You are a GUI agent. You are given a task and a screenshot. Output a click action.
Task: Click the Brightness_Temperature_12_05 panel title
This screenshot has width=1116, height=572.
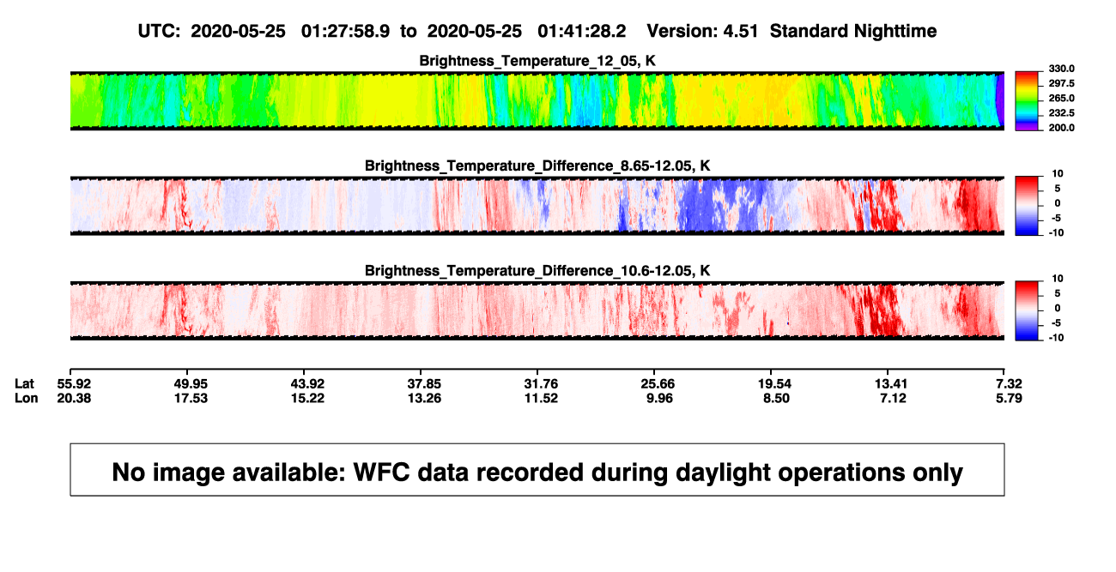point(537,61)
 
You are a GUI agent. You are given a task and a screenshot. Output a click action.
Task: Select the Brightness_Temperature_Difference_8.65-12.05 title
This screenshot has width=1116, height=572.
point(537,166)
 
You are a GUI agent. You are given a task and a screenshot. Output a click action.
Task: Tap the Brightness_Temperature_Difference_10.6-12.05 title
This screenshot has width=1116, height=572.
point(537,271)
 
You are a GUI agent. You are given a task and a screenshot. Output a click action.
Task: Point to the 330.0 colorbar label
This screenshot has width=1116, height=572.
point(1061,69)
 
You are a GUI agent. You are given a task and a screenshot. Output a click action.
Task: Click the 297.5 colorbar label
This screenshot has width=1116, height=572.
point(1061,83)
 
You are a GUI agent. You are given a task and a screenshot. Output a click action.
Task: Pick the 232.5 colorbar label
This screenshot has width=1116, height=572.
point(1061,113)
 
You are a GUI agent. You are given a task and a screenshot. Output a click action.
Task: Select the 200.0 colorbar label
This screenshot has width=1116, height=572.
point(1061,128)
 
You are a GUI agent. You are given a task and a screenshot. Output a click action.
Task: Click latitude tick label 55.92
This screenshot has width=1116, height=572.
point(74,384)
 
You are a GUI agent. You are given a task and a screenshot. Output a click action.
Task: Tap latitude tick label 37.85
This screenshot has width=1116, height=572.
point(424,384)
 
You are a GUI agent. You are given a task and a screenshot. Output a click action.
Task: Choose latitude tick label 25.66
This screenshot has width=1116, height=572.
point(658,384)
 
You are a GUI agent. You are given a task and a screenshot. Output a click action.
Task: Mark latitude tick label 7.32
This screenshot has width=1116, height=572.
point(1009,384)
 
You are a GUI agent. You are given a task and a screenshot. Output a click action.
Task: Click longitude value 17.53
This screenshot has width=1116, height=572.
point(191,398)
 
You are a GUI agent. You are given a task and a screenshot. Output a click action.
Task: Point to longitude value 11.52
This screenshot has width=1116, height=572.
point(541,398)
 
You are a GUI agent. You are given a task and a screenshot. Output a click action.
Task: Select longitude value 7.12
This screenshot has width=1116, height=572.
point(893,398)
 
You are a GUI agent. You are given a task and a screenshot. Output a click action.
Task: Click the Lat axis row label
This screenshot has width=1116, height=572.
point(24,384)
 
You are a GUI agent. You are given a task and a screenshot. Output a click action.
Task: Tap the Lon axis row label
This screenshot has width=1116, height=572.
point(27,398)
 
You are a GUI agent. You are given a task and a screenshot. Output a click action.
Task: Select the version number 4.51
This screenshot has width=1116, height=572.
point(740,31)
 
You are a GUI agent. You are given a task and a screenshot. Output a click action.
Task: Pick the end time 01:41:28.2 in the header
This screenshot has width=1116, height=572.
point(581,31)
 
